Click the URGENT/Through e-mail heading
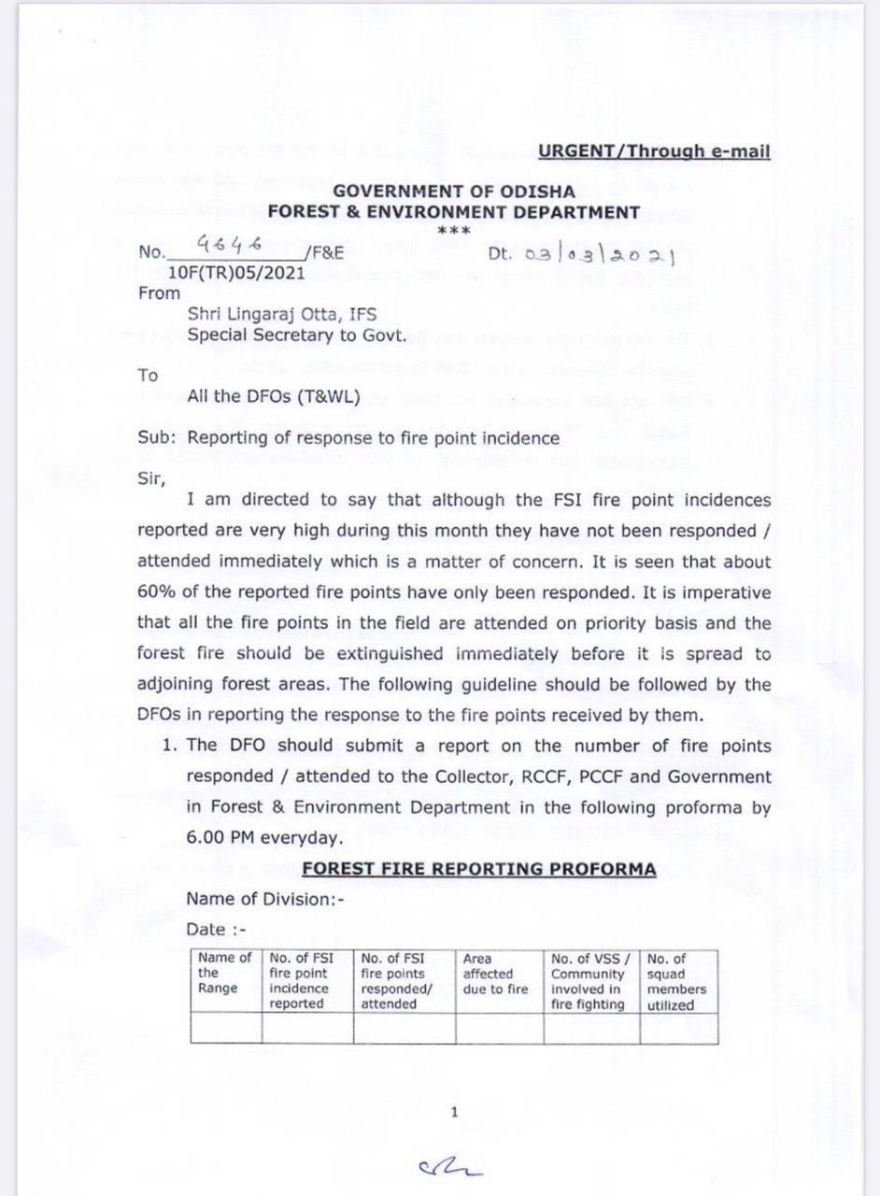[654, 151]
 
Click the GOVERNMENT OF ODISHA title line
[454, 192]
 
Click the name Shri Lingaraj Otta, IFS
[282, 315]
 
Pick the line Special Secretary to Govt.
[296, 335]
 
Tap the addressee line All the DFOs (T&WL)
[274, 396]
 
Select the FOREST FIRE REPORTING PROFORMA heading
[478, 869]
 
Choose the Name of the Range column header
[224, 973]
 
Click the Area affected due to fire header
[495, 974]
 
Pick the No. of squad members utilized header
[676, 981]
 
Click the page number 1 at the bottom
[454, 1112]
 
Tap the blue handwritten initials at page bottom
[451, 1164]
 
